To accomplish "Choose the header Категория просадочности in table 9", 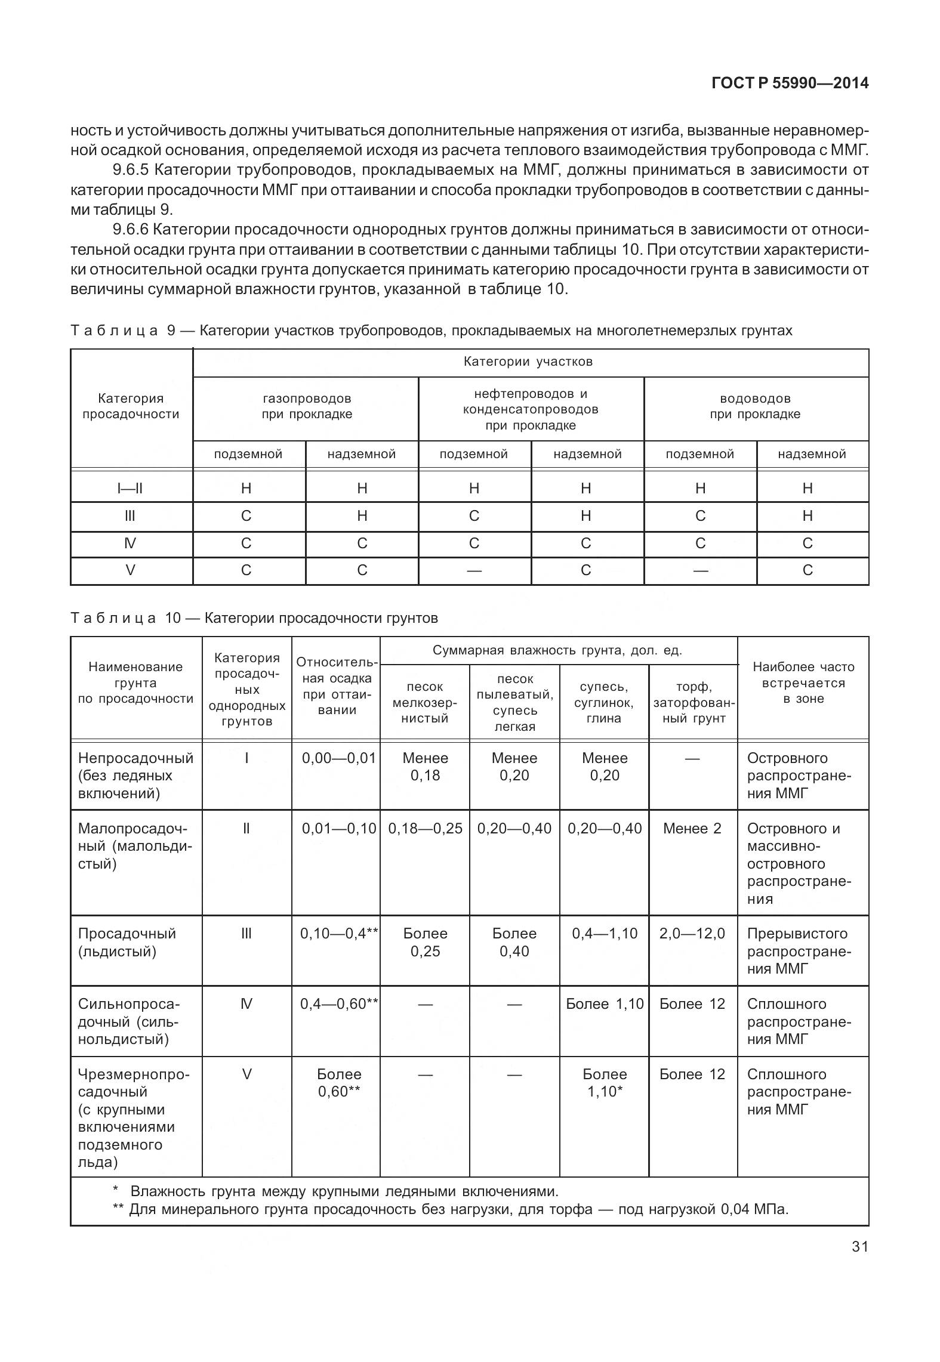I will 131,406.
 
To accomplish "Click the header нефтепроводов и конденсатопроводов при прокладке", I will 531,409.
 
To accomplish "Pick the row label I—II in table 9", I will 130,489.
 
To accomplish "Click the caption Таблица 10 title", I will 254,617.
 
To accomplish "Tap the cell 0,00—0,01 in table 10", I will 338,758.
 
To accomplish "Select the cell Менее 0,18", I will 425,767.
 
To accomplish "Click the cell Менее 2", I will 692,829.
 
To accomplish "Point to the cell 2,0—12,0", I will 692,934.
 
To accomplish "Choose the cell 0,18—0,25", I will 425,829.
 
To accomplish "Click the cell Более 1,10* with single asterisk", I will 604,1083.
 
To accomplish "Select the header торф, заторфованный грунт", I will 693,703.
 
